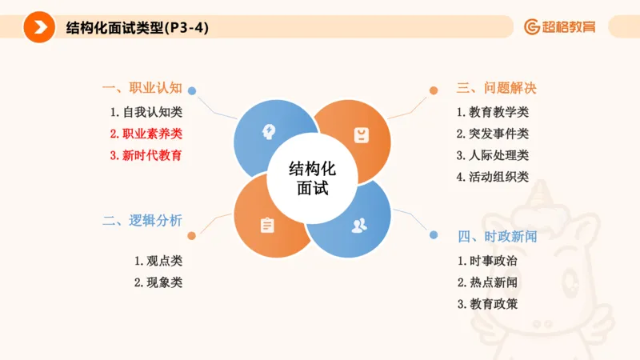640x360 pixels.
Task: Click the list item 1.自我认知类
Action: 146,112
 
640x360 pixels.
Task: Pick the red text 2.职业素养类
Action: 146,134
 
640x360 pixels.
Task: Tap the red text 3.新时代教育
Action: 146,155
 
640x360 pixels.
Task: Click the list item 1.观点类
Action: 158,261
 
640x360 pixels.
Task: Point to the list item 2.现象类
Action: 158,282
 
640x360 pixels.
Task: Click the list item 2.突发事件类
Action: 493,134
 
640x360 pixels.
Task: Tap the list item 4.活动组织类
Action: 493,177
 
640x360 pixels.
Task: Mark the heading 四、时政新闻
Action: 497,237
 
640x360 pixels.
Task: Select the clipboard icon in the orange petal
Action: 267,226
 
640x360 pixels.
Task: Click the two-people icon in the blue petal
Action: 358,225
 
